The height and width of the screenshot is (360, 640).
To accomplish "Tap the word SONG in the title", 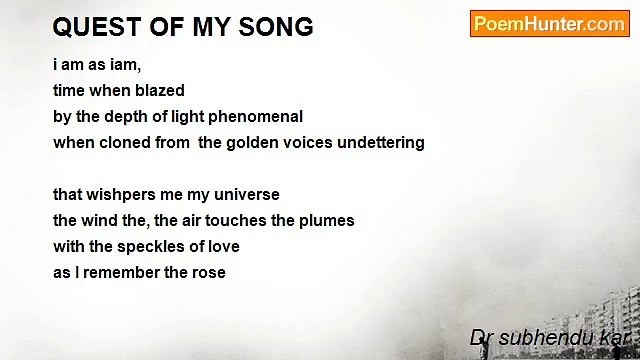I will (276, 27).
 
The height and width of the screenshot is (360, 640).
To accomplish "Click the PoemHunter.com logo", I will (549, 24).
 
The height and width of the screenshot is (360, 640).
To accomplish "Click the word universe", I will (246, 194).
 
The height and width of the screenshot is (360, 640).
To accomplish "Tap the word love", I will (222, 246).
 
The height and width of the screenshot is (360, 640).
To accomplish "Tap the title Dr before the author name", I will (482, 339).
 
